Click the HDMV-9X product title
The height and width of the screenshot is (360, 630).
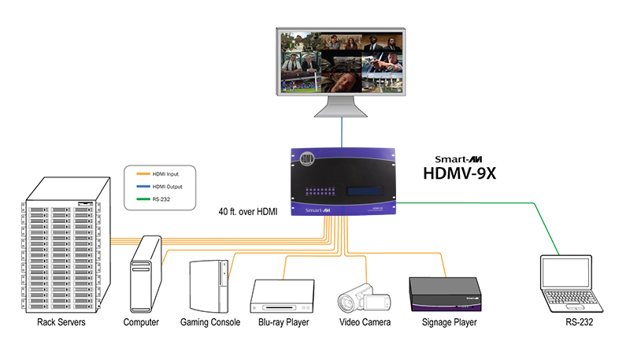coord(470,173)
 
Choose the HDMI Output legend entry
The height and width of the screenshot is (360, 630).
coord(169,187)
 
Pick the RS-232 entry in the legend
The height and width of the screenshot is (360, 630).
coord(163,201)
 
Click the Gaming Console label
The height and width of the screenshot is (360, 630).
coord(209,323)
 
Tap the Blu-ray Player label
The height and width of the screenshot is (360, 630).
coord(283,323)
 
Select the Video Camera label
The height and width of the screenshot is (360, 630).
coord(365,323)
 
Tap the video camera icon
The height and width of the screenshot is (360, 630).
coord(364,299)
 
